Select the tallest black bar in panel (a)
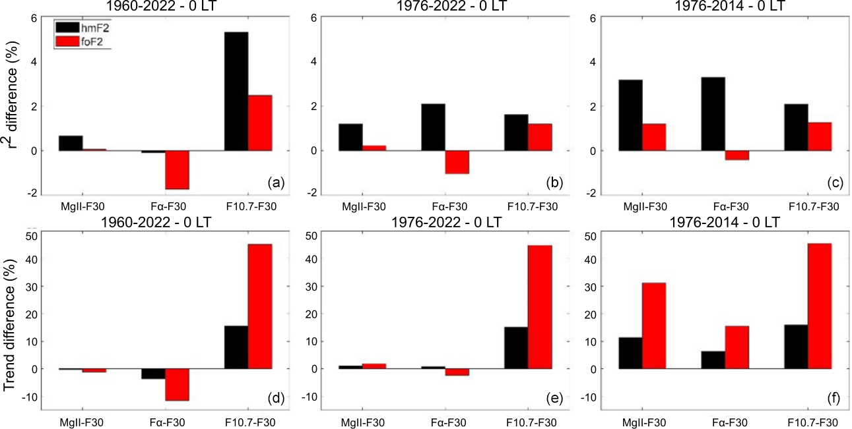(x=236, y=91)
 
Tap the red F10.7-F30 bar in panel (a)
(x=260, y=123)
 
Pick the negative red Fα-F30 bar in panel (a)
(x=177, y=169)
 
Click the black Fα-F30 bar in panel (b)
(x=433, y=127)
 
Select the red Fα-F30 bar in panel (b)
(x=457, y=162)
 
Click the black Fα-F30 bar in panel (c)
(x=713, y=114)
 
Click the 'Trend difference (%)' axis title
(x=11, y=320)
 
